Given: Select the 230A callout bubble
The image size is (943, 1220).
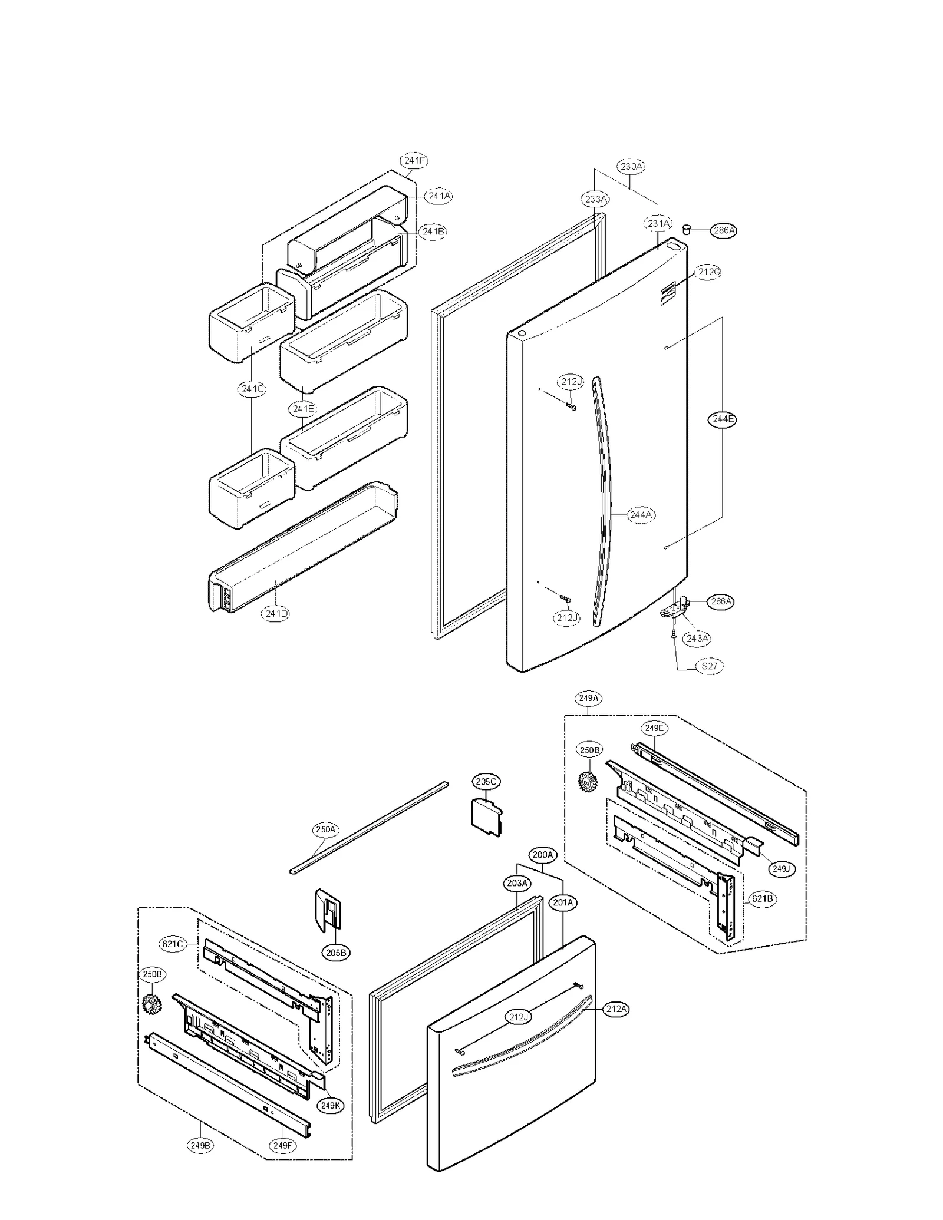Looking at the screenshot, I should click(x=631, y=167).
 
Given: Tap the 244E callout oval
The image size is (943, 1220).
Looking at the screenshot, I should click(x=722, y=419).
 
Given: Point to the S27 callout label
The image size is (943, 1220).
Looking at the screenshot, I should click(x=709, y=666).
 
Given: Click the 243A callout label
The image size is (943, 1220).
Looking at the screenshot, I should click(x=697, y=638).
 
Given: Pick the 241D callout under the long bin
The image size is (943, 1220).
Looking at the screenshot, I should click(x=276, y=613).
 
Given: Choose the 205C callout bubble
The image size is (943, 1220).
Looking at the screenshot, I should click(x=486, y=782).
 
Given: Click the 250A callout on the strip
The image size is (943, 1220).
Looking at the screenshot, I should click(x=325, y=830).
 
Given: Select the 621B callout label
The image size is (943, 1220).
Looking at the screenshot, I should click(x=762, y=899).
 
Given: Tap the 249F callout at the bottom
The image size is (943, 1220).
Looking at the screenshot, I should click(x=282, y=1146).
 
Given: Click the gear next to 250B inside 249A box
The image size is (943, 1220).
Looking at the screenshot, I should click(x=588, y=781).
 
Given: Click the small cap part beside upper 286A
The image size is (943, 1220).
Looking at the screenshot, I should click(x=686, y=229).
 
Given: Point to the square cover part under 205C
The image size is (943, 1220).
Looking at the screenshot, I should click(x=486, y=816).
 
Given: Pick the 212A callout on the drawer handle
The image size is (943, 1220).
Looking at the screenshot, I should click(x=616, y=1009).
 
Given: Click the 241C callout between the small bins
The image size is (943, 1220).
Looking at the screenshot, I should click(x=252, y=389).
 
